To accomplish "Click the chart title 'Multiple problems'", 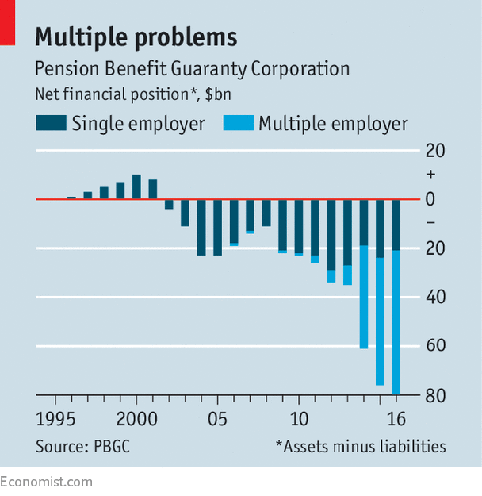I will [136, 37].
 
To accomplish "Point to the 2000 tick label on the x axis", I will [136, 417].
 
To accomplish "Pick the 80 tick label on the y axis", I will [435, 394].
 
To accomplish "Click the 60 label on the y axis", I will [435, 346].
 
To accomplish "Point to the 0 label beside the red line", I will [430, 199].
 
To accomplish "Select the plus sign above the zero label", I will [430, 174].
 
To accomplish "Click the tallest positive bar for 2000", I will [136, 186].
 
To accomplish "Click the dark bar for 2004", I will [201, 227].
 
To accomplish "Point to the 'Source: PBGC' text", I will [82, 446].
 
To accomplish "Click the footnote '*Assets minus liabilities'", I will [361, 446].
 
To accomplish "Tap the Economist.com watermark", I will [46, 482].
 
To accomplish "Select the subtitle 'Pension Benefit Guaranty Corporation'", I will [193, 68].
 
